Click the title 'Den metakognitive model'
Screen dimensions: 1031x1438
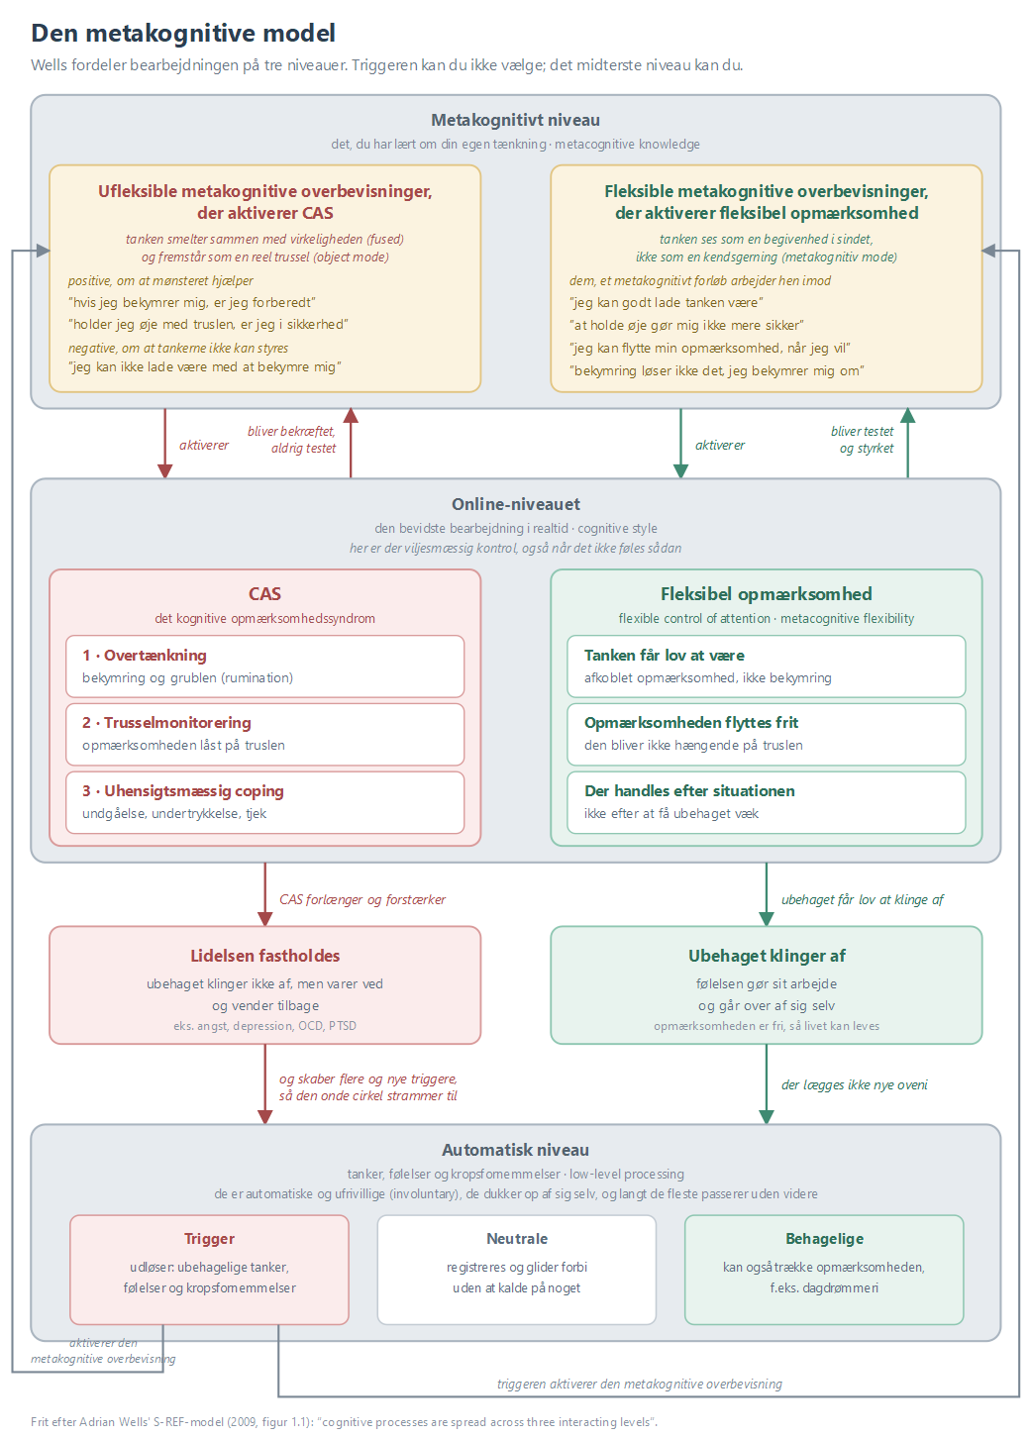(x=183, y=34)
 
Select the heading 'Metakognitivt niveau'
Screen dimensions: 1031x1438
(x=515, y=120)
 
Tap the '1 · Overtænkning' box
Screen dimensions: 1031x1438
(x=264, y=667)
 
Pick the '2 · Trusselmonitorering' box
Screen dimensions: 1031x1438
(x=264, y=734)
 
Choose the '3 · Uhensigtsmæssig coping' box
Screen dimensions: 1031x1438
(x=264, y=802)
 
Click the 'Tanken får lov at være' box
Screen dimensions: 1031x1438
(x=766, y=667)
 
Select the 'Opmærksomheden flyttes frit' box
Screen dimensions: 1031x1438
(x=766, y=734)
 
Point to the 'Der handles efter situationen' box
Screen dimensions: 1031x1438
(x=766, y=802)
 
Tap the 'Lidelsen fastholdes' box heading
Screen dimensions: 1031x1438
(x=264, y=956)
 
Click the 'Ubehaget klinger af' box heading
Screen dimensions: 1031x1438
(x=767, y=956)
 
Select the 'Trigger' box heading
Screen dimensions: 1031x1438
(x=209, y=1238)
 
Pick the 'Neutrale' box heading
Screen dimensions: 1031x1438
(x=517, y=1238)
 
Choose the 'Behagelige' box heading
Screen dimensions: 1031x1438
(x=824, y=1238)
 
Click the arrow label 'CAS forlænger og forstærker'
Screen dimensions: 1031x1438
(x=362, y=899)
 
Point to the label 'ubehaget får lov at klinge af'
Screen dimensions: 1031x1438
(x=863, y=899)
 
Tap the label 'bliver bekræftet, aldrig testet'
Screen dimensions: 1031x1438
(x=291, y=440)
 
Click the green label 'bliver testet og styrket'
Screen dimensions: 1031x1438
(x=862, y=440)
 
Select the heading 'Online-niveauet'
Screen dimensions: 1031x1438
(x=515, y=504)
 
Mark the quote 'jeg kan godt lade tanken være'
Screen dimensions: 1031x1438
(x=666, y=302)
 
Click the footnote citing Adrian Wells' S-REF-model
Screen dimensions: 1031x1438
(x=344, y=1421)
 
